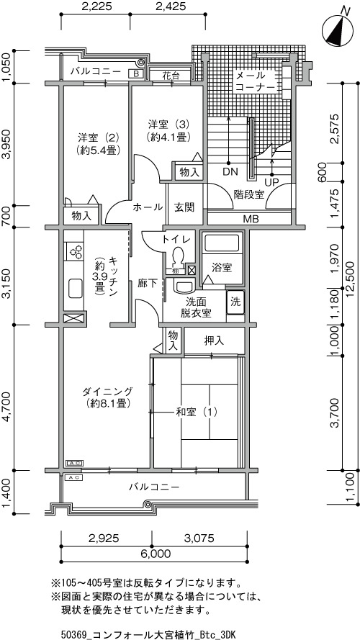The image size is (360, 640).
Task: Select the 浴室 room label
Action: click(x=222, y=268)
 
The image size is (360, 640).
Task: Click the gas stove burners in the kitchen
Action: click(x=76, y=252)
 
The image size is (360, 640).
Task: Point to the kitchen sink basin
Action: click(x=76, y=289)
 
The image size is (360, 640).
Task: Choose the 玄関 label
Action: click(x=184, y=207)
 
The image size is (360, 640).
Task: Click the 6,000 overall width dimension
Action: click(x=151, y=554)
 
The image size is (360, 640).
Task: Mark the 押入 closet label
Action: click(x=214, y=341)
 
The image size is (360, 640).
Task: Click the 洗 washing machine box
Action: click(x=236, y=302)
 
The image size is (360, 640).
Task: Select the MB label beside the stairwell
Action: click(x=251, y=219)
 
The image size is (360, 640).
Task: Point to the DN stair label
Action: click(x=230, y=172)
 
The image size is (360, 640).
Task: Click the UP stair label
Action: click(x=272, y=181)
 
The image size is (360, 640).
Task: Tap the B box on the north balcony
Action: click(x=135, y=73)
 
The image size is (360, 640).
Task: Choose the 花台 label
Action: click(x=170, y=76)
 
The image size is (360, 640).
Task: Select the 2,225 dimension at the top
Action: click(x=96, y=6)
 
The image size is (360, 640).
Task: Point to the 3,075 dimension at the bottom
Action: click(x=199, y=538)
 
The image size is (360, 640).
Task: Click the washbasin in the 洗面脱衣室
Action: click(x=184, y=286)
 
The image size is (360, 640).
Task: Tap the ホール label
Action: click(x=148, y=207)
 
